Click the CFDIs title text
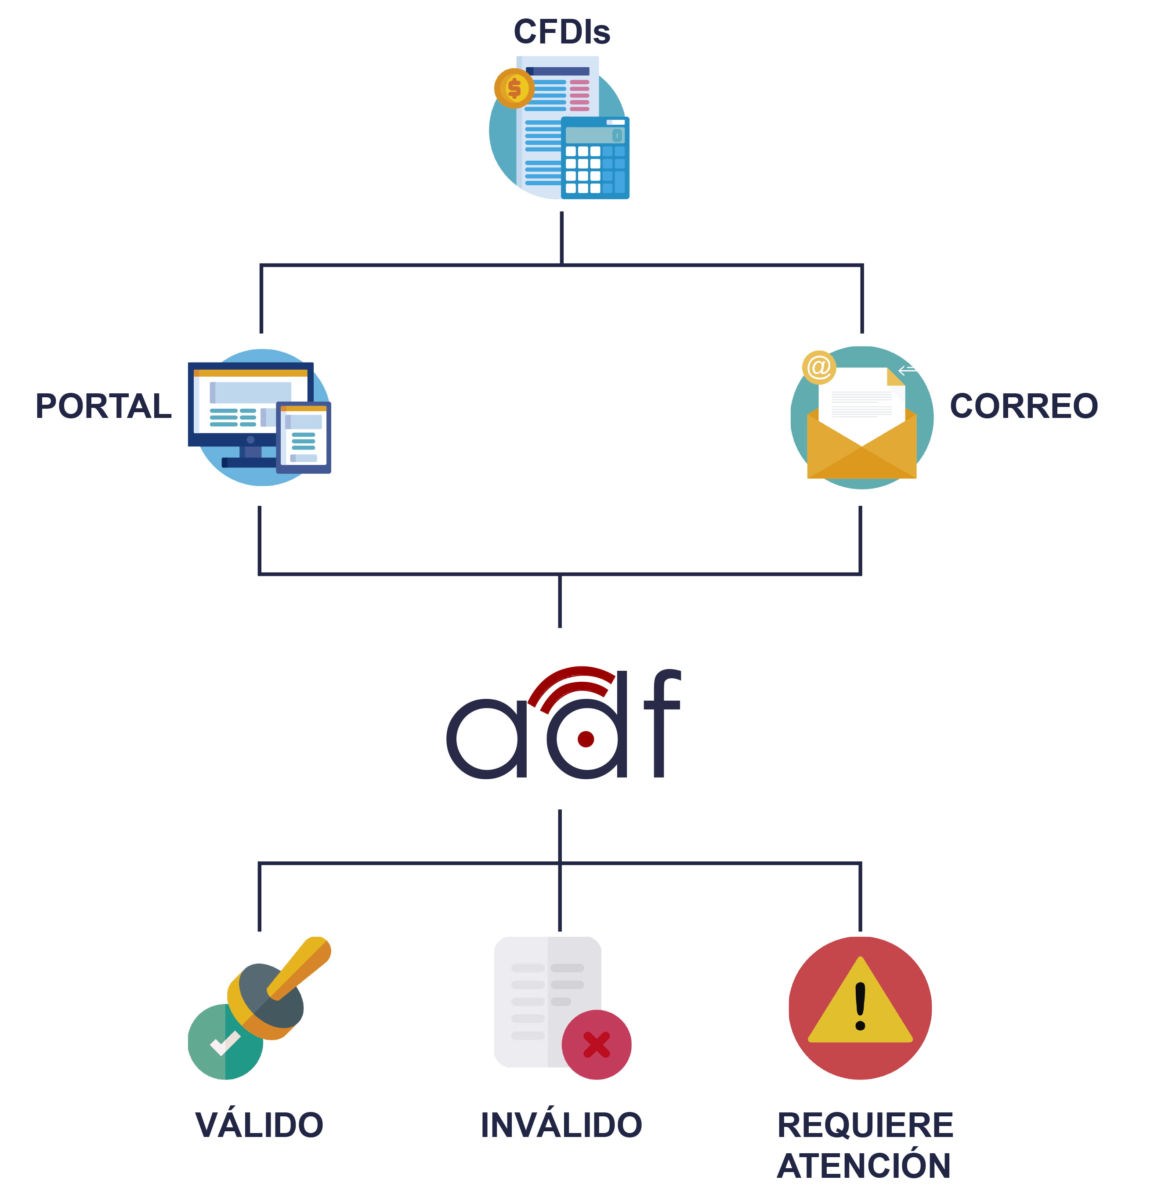tap(561, 32)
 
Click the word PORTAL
tap(103, 406)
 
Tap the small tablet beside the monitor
tap(304, 437)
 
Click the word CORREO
tap(1023, 406)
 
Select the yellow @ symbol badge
tap(818, 367)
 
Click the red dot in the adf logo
tap(585, 739)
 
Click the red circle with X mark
tap(596, 1045)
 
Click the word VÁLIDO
tap(259, 1125)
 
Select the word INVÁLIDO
tap(561, 1125)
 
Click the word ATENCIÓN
tap(864, 1166)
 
